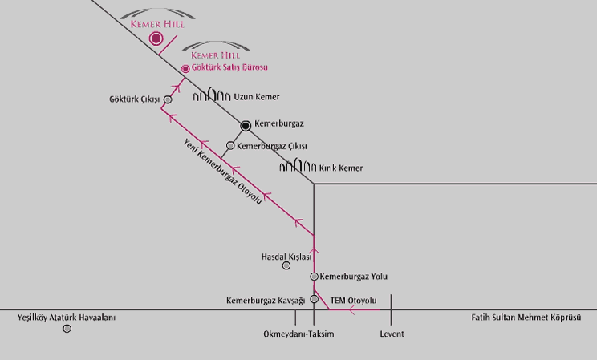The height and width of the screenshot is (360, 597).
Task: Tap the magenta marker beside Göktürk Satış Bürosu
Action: pos(186,69)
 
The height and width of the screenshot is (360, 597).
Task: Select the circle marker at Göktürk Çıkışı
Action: pos(168,100)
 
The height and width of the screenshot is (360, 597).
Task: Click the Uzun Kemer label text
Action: pos(257,96)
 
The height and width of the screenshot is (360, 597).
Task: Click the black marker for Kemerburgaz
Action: pos(246,125)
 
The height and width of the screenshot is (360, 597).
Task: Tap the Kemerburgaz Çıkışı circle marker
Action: pos(230,146)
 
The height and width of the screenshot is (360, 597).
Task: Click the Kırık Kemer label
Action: pos(341,168)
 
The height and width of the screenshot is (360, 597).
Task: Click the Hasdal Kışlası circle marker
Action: pos(286,265)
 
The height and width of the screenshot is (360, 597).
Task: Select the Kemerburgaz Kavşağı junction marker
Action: pos(314,300)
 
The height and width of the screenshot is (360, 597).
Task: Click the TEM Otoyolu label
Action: pos(354,301)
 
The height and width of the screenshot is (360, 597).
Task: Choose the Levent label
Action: pos(392,334)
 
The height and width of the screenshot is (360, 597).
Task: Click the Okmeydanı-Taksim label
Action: pos(298,334)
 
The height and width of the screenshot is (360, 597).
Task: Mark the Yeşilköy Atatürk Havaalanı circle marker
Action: pos(67,329)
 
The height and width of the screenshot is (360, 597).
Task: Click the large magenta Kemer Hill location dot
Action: pos(156,38)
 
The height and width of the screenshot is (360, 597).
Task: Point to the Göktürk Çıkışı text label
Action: pos(135,99)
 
